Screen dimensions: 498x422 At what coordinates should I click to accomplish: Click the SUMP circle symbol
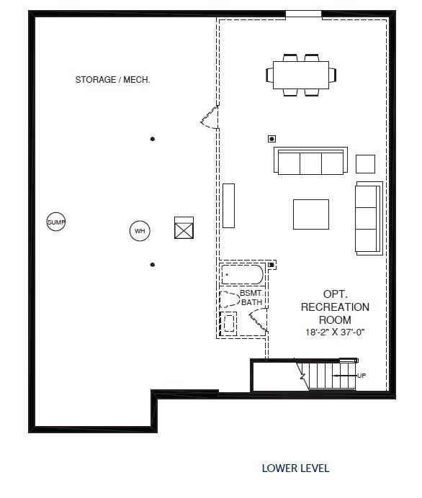pos(55,222)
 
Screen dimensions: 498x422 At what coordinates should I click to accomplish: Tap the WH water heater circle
pos(140,231)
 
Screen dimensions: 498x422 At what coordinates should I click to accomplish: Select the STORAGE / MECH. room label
pos(112,80)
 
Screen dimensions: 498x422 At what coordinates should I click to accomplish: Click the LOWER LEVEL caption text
pos(295,468)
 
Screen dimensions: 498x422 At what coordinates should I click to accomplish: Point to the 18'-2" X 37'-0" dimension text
pos(335,332)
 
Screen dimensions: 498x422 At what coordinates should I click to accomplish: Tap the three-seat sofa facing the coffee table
pos(310,160)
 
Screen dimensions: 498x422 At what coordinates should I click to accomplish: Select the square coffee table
pos(310,214)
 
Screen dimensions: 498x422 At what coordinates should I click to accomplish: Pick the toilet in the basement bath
pos(230,299)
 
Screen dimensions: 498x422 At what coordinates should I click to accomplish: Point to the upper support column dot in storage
pos(152,139)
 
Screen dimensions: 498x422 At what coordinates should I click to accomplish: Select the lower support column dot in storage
pos(152,265)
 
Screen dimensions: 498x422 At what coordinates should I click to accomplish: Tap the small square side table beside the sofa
pos(365,164)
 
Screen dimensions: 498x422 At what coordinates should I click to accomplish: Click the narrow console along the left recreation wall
pos(228,206)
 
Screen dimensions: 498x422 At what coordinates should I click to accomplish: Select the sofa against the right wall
pos(367,217)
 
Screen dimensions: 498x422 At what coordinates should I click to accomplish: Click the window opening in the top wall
pos(303,14)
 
